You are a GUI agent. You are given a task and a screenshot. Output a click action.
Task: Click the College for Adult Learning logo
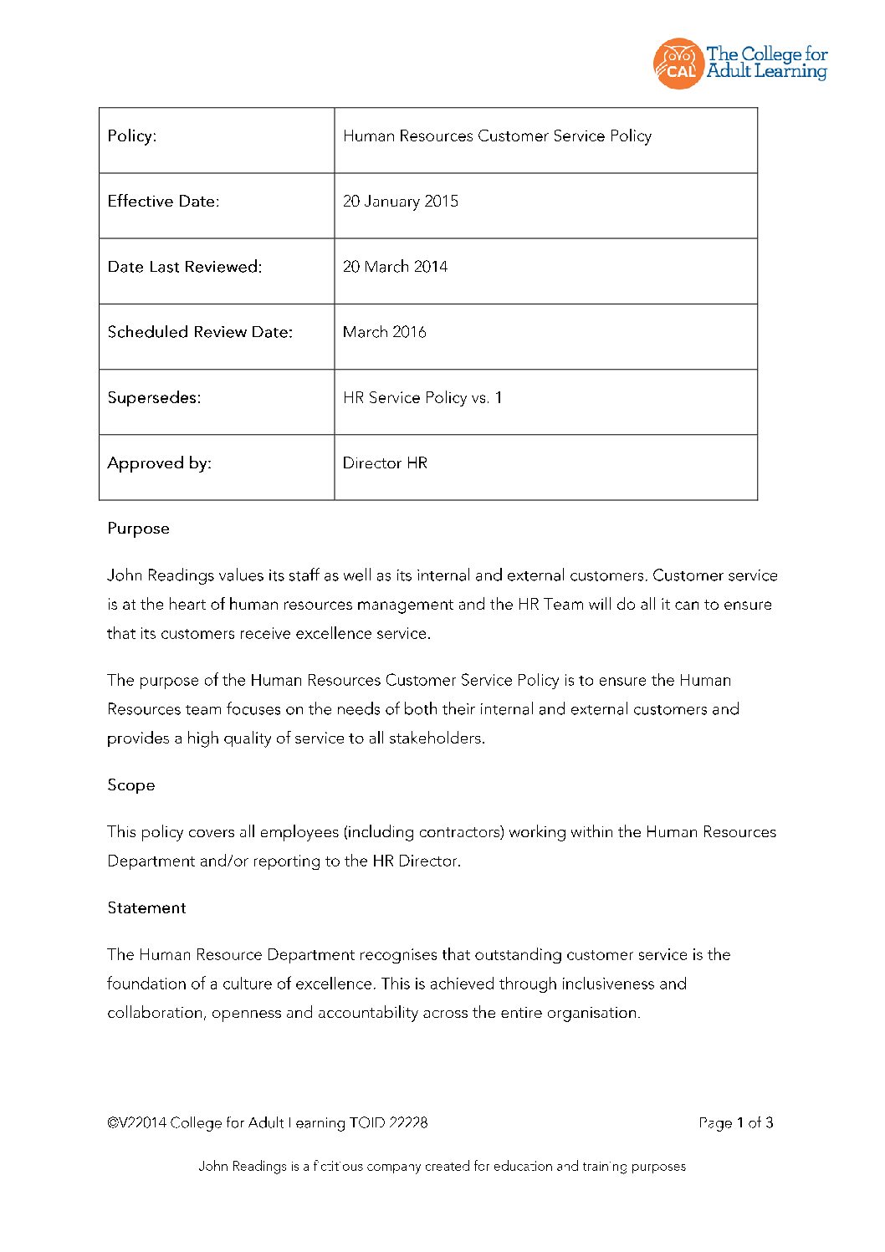click(739, 64)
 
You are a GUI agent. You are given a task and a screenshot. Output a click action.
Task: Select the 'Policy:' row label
click(132, 136)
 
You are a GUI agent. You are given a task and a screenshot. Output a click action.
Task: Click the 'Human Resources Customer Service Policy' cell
click(497, 136)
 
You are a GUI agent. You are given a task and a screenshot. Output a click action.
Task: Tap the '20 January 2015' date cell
click(401, 202)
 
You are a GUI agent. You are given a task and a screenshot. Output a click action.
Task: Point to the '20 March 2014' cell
click(395, 267)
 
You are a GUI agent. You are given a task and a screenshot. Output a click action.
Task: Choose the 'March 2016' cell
click(384, 332)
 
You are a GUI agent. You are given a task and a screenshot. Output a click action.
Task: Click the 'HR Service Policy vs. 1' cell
click(422, 398)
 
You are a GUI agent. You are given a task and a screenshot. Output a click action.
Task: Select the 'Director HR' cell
click(385, 463)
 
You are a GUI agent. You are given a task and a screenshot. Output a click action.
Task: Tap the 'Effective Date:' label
click(163, 202)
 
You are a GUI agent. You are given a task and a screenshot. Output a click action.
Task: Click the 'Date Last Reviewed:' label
click(184, 267)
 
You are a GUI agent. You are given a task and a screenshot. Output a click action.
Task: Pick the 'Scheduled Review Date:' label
click(200, 332)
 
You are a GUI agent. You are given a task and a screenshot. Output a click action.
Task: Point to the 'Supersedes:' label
click(154, 398)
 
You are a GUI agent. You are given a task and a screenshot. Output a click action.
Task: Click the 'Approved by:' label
click(159, 463)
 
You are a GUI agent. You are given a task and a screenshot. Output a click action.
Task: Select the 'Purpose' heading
click(138, 529)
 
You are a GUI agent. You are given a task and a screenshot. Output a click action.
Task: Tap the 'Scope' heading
click(130, 785)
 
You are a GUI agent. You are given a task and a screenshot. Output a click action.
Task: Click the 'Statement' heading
click(146, 908)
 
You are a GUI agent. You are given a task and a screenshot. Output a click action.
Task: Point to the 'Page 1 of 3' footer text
click(735, 1123)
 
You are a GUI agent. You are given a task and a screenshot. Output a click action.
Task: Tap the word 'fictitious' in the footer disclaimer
click(338, 1167)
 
